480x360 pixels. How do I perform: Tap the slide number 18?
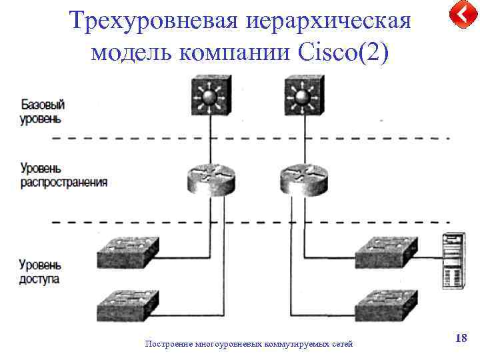[x=461, y=339]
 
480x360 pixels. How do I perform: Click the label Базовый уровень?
[x=43, y=112]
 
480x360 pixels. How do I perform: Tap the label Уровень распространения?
[x=63, y=175]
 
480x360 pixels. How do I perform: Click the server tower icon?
[x=453, y=261]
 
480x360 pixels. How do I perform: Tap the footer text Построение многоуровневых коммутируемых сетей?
[x=249, y=344]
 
